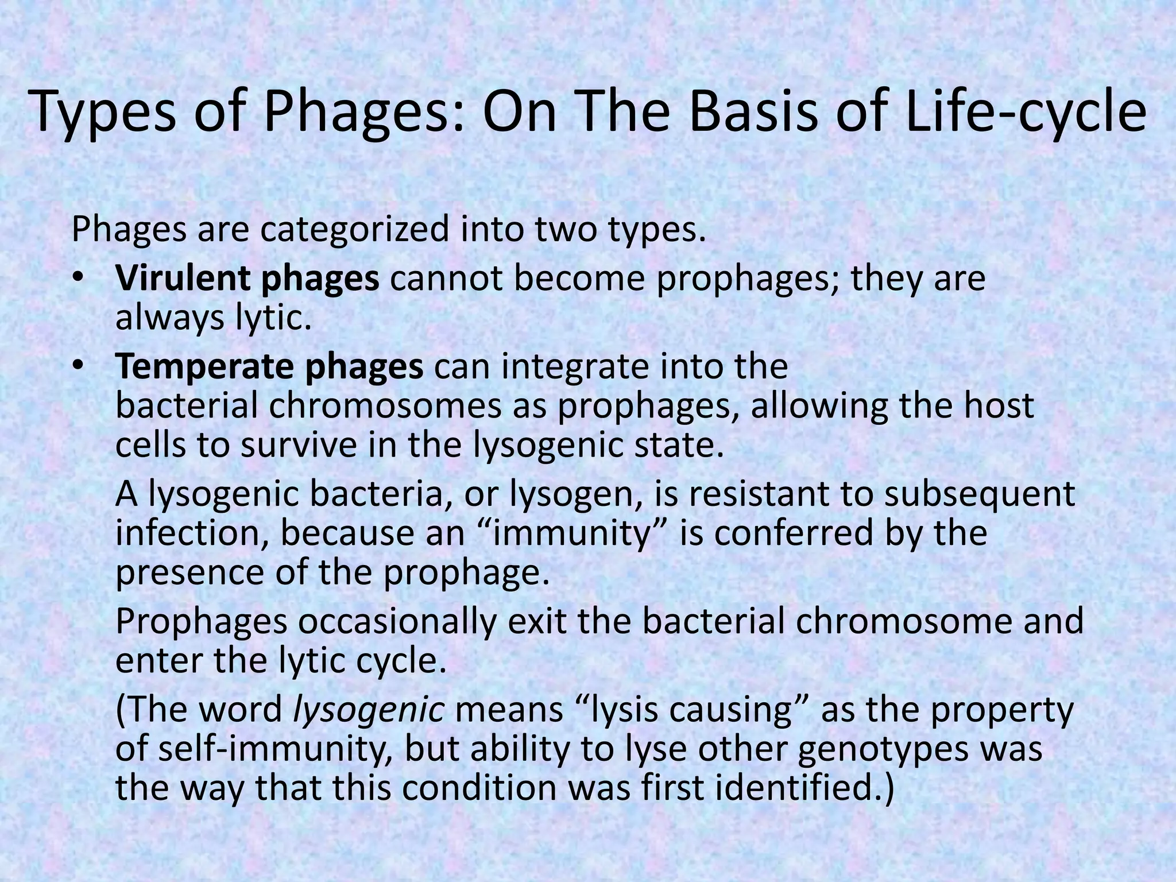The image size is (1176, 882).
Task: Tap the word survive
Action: [x=299, y=445]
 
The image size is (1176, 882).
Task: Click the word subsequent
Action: [x=979, y=494]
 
